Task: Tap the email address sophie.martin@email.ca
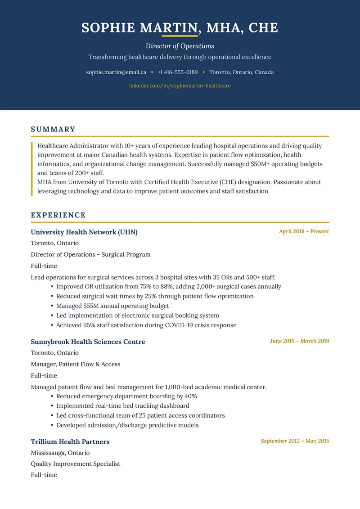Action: (x=116, y=72)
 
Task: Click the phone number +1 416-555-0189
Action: (x=177, y=72)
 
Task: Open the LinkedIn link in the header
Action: (x=180, y=86)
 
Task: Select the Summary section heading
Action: (x=53, y=130)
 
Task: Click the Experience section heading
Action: (x=58, y=215)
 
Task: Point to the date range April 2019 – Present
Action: (x=304, y=231)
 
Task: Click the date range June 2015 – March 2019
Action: (x=299, y=341)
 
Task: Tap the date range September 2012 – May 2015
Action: (x=295, y=441)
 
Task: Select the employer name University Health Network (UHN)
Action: (x=84, y=232)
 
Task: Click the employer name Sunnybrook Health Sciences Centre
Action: (x=88, y=342)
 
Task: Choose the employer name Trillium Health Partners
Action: (x=70, y=442)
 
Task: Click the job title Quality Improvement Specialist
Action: (x=76, y=464)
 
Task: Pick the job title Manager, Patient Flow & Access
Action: (x=76, y=364)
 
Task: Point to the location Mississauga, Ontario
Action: (x=60, y=453)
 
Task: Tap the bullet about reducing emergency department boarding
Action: (x=126, y=396)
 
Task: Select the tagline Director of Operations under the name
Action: (x=180, y=46)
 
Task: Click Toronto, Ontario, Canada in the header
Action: (x=241, y=72)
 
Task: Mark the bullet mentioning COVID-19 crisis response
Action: (x=146, y=325)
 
